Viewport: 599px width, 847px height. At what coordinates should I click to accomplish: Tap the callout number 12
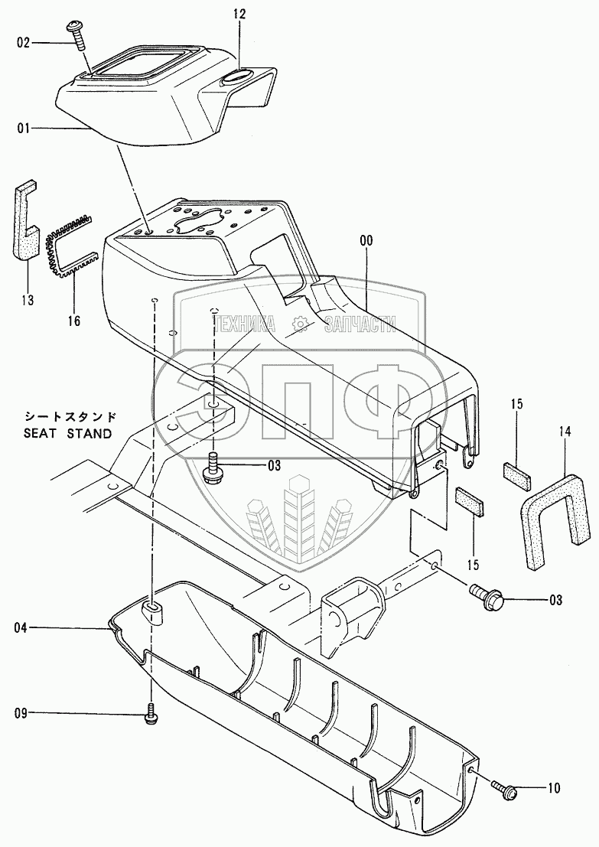click(239, 15)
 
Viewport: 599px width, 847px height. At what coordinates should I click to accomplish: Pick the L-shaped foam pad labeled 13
click(25, 220)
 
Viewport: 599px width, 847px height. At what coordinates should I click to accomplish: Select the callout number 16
click(73, 321)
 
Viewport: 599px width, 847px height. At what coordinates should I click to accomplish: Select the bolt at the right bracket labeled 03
click(487, 596)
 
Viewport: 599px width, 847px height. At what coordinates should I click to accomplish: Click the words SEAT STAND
click(68, 433)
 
